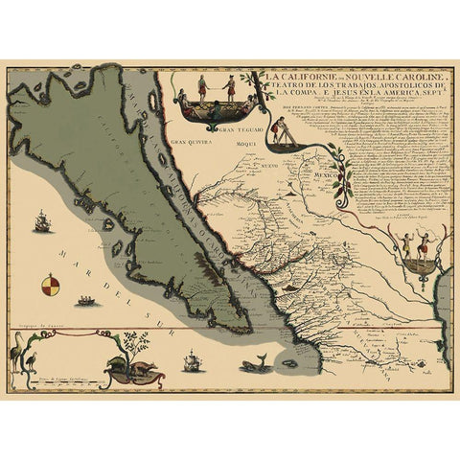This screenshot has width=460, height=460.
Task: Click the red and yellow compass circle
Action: pos(50,285)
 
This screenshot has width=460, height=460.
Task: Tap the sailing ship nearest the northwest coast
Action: pos(42,224)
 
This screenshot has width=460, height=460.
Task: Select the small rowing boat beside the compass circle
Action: pos(86,301)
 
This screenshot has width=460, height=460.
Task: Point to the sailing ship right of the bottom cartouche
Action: pos(192,363)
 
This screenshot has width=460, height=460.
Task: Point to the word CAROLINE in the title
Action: pos(412,78)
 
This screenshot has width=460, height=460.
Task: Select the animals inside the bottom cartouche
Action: pos(128,367)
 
